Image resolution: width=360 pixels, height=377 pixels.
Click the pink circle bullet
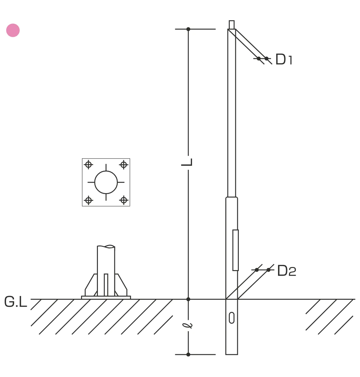point(13,30)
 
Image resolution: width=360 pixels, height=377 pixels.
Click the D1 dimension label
point(284,59)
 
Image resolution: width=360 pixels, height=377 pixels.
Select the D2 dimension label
point(287,270)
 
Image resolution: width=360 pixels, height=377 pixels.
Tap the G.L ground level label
point(16,302)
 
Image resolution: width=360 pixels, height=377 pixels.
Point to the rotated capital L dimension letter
point(187,162)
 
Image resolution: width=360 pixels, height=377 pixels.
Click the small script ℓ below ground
point(187,326)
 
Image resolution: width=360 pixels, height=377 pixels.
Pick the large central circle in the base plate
point(106,182)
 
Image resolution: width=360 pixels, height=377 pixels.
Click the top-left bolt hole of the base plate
point(88,165)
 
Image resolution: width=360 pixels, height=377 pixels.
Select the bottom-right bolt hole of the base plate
point(124,200)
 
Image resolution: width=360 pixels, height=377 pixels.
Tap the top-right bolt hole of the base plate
point(124,165)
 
